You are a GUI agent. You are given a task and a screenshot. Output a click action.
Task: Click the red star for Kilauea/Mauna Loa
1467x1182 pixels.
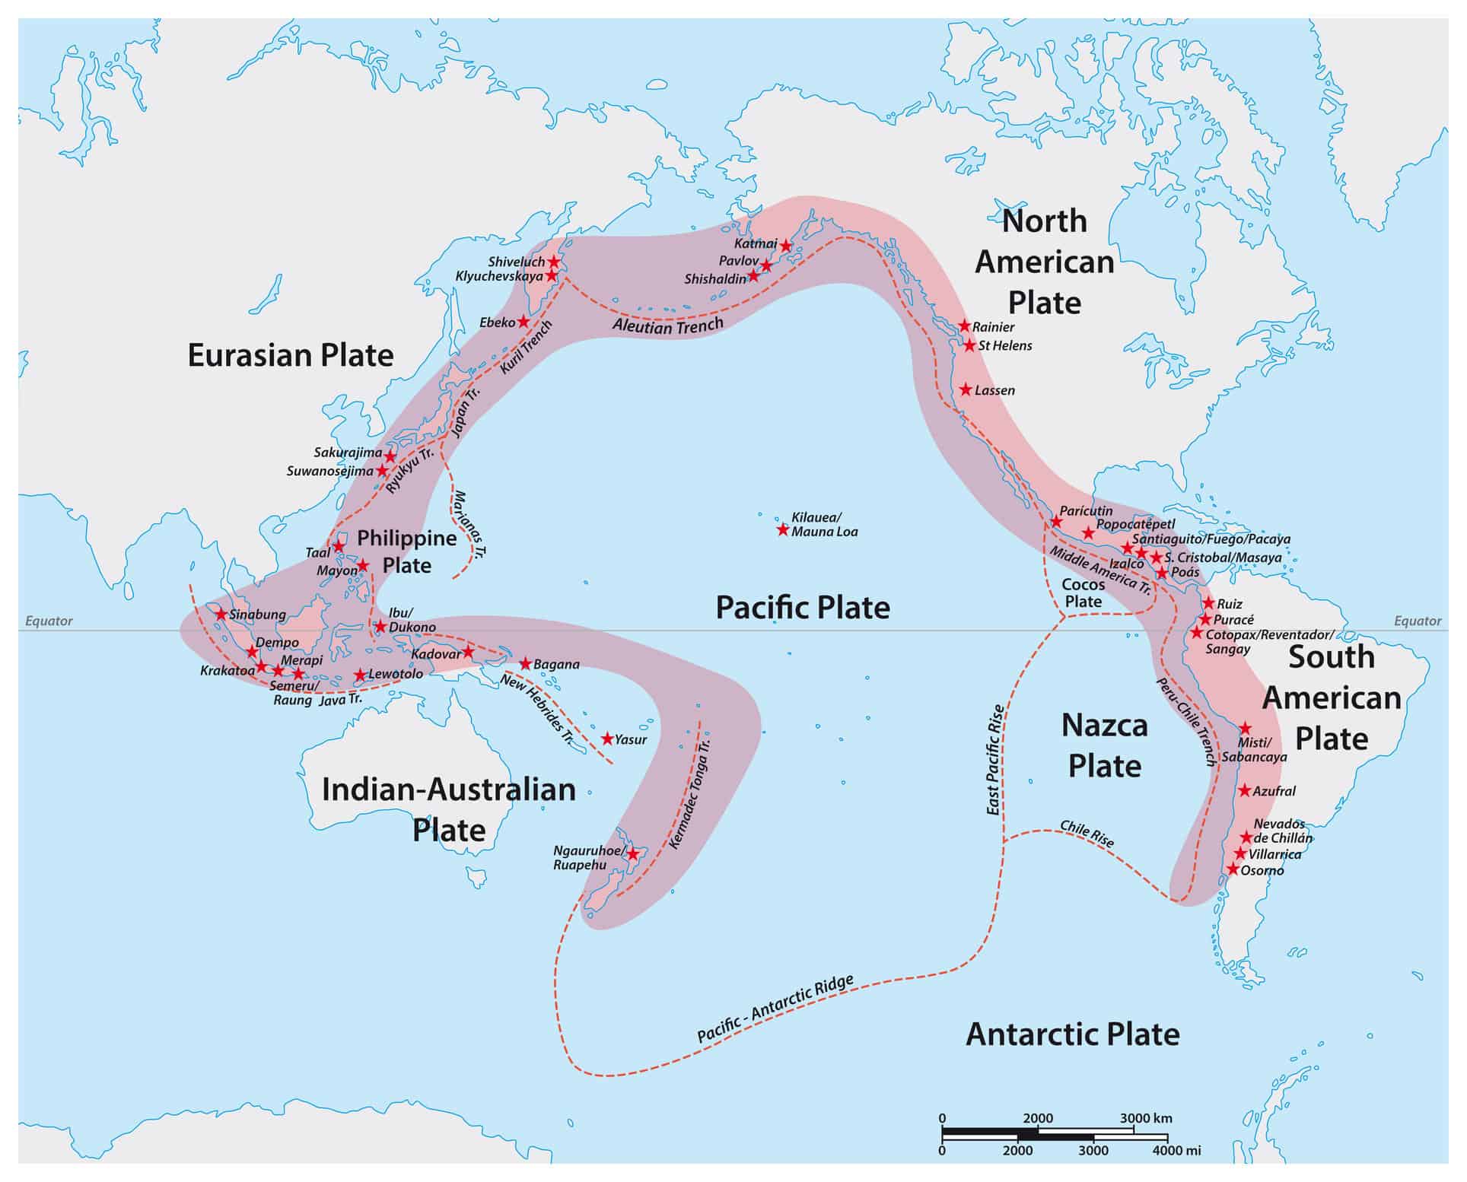pyautogui.click(x=782, y=530)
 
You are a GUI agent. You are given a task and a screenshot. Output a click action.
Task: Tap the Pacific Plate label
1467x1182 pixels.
pyautogui.click(x=803, y=608)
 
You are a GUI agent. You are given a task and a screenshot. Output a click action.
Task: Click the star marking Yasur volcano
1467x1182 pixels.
pyautogui.click(x=607, y=739)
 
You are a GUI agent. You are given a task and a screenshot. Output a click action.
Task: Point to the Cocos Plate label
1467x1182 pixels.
pyautogui.click(x=1083, y=593)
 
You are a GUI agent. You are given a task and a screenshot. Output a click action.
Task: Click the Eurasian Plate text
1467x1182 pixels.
pyautogui.click(x=291, y=355)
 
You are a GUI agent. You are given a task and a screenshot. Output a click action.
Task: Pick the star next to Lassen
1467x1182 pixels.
pyautogui.click(x=966, y=390)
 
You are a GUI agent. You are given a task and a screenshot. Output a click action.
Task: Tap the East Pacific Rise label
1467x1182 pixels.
pyautogui.click(x=995, y=760)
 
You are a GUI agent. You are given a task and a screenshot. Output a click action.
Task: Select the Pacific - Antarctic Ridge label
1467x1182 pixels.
pyautogui.click(x=775, y=1009)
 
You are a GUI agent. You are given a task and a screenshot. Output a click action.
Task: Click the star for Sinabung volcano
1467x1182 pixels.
pyautogui.click(x=221, y=614)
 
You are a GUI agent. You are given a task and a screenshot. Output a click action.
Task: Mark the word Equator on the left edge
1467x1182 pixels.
pyautogui.click(x=49, y=621)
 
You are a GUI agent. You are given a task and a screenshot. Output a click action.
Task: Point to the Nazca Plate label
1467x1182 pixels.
pyautogui.click(x=1104, y=745)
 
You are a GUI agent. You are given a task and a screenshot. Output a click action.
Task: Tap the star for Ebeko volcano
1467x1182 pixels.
pyautogui.click(x=523, y=322)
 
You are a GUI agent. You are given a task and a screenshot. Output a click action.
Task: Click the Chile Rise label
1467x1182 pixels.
pyautogui.click(x=1087, y=834)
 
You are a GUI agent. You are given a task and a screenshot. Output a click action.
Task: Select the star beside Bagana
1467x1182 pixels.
pyautogui.click(x=525, y=664)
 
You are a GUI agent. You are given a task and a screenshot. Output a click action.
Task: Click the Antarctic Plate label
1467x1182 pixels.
pyautogui.click(x=1072, y=1034)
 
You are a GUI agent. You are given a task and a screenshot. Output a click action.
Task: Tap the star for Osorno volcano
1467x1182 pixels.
pyautogui.click(x=1233, y=869)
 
